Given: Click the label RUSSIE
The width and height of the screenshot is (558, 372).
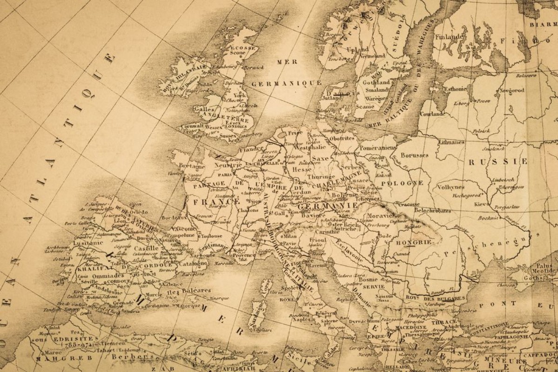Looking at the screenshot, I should [x=497, y=162].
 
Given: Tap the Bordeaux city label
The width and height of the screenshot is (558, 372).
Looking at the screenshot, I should [x=175, y=217].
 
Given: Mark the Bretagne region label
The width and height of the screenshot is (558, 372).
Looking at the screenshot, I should [x=190, y=166].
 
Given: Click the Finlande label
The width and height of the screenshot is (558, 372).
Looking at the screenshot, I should [x=450, y=36].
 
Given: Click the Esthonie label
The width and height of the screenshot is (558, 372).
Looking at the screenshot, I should [x=455, y=88].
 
